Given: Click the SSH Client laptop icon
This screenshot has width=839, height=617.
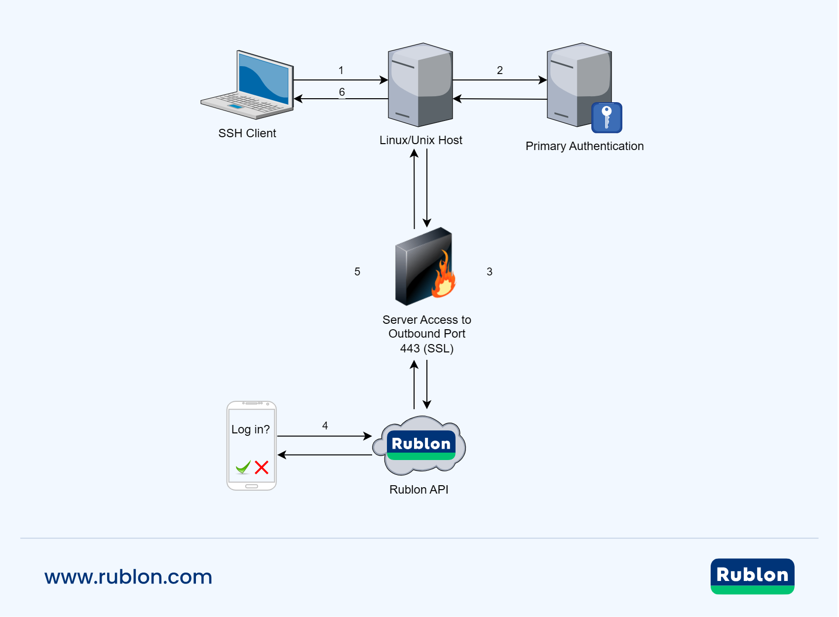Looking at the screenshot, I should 247,85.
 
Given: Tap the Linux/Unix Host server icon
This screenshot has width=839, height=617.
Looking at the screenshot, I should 420,85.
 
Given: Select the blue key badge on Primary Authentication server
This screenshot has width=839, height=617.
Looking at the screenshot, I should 607,117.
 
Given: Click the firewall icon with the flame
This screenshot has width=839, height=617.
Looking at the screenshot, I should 424,267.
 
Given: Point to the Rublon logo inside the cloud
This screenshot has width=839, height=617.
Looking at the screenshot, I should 421,445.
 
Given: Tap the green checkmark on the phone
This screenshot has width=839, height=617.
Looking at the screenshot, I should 243,467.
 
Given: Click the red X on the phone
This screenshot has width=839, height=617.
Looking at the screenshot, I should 262,467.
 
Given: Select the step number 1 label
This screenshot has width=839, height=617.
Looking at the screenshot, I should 341,71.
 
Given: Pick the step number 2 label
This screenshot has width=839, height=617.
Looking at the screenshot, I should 500,71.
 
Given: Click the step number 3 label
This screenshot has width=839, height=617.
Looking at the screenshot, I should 490,272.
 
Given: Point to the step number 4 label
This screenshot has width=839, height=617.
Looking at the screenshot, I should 325,425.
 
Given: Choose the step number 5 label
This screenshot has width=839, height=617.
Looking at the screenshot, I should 357,272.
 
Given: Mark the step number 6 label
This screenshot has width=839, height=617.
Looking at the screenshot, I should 342,92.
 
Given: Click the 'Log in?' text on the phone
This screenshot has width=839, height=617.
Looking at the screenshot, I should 251,429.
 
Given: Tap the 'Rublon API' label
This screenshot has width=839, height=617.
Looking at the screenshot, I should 419,490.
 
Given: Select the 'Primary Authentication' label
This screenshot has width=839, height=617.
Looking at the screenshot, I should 584,146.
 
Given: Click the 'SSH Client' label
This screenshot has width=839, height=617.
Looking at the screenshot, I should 247,133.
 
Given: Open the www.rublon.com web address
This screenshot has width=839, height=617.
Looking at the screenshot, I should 128,577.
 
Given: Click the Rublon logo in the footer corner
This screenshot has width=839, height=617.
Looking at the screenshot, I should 752,576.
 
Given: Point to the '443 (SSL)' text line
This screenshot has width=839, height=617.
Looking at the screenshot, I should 427,348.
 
